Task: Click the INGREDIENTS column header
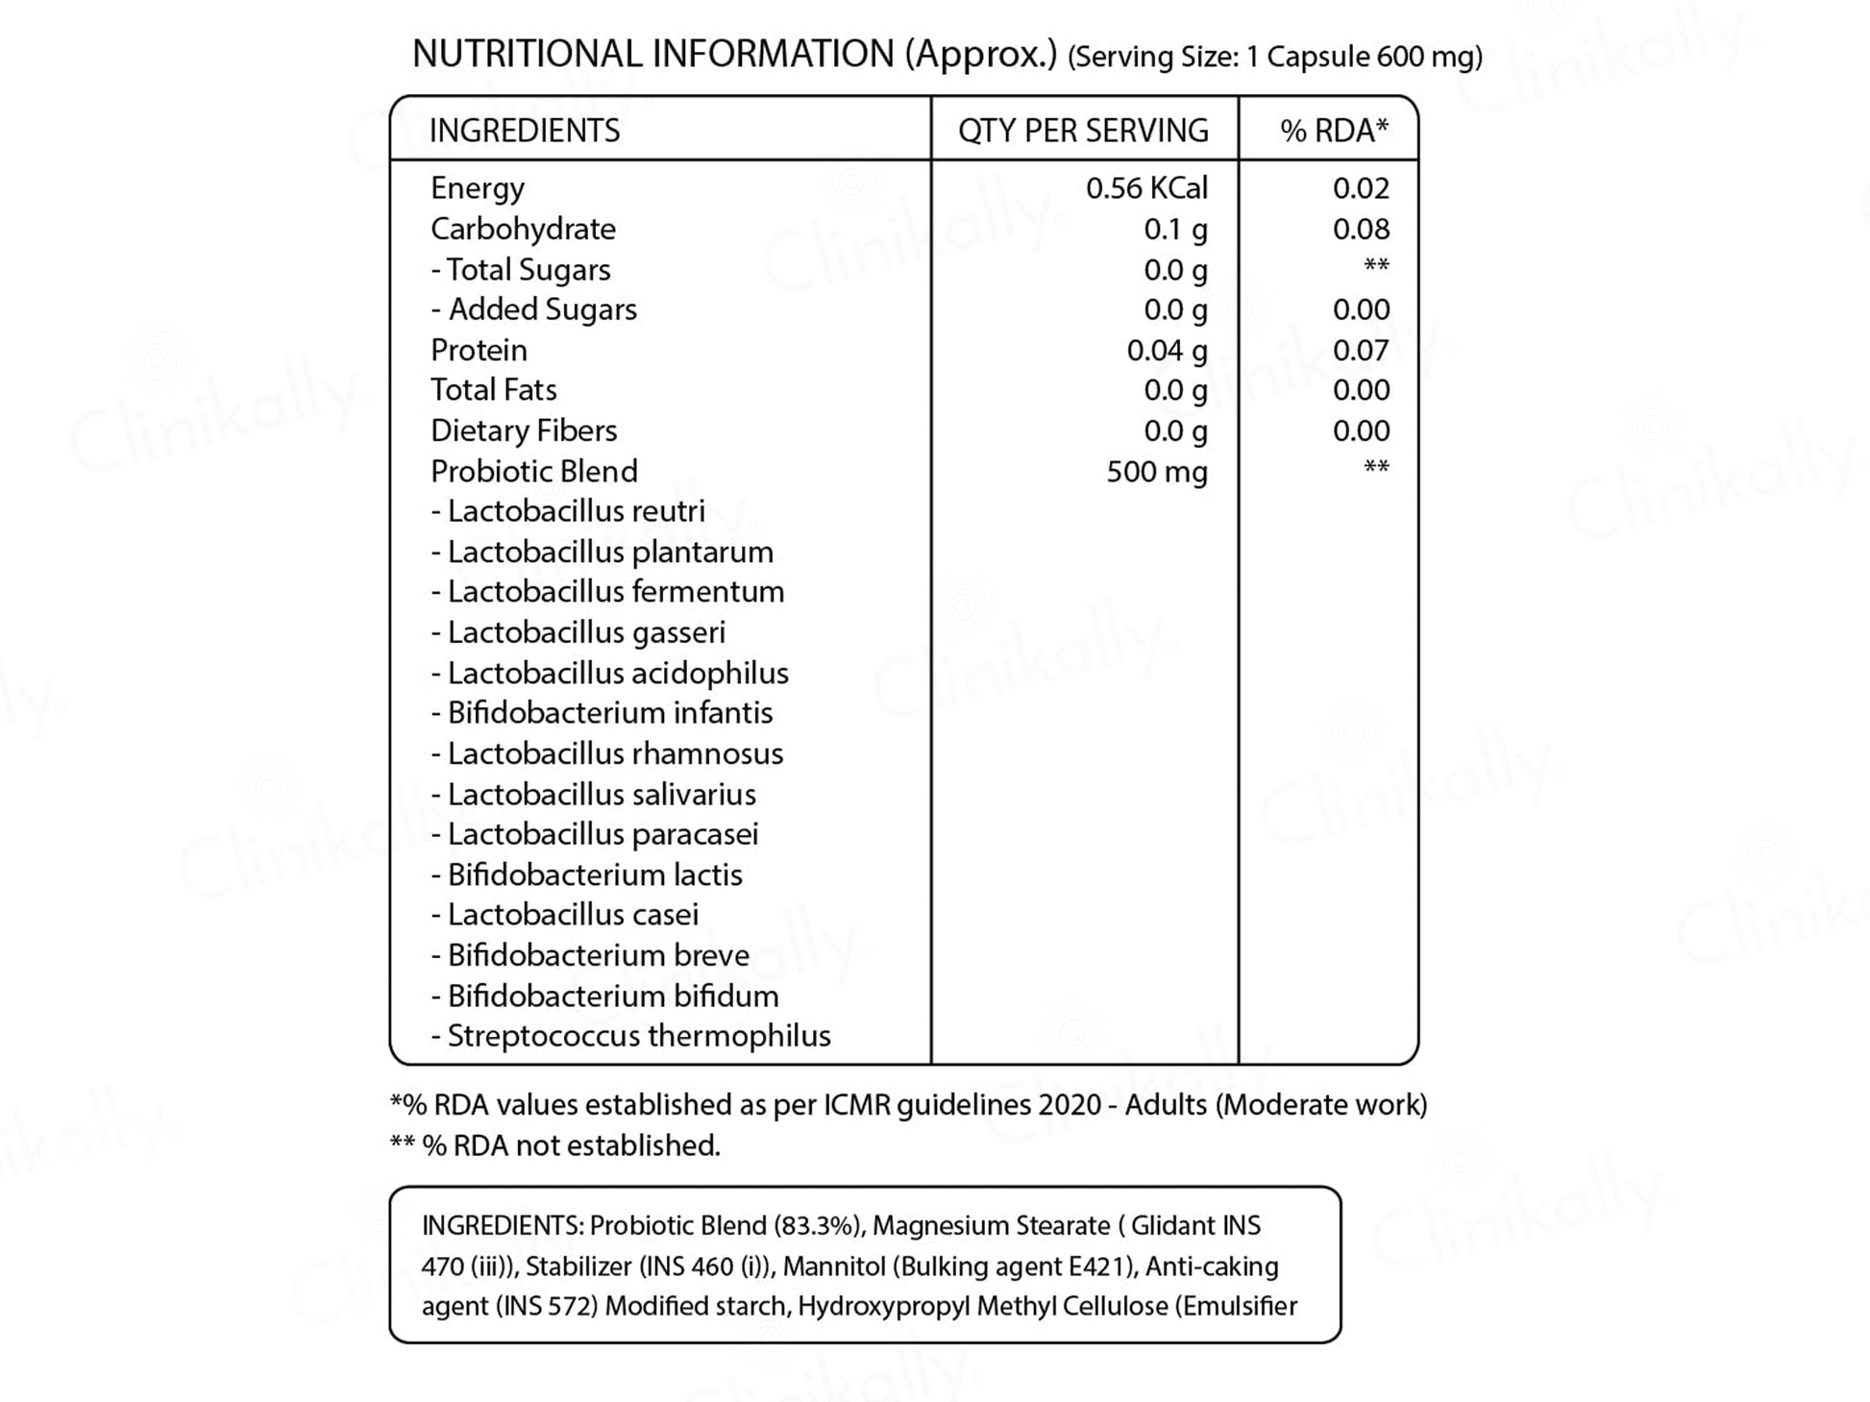[525, 131]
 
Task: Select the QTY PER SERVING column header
[1083, 131]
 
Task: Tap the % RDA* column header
[1334, 131]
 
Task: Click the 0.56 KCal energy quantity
[1146, 188]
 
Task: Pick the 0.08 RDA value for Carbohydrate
[1361, 230]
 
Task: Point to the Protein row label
[479, 351]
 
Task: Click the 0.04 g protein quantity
[1167, 351]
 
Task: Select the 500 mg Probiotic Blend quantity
[1156, 472]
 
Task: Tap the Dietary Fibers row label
[524, 431]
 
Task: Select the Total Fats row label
[493, 390]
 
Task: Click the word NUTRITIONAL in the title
[527, 54]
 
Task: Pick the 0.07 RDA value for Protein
[1361, 351]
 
